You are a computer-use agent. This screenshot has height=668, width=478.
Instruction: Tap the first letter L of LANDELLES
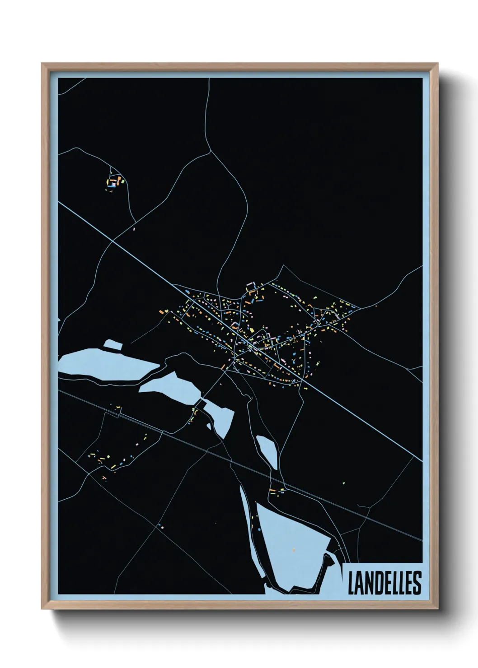tap(351, 583)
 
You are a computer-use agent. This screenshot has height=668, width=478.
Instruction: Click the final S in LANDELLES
tap(417, 583)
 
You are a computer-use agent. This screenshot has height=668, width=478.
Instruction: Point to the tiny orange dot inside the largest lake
tap(294, 550)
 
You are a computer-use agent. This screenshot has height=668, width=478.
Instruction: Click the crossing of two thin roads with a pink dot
tap(159, 525)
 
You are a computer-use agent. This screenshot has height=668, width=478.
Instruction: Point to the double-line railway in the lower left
tap(136, 420)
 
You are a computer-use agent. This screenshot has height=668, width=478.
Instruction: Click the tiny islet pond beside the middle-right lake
tap(209, 425)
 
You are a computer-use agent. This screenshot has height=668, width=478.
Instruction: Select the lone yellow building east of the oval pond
tap(343, 483)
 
